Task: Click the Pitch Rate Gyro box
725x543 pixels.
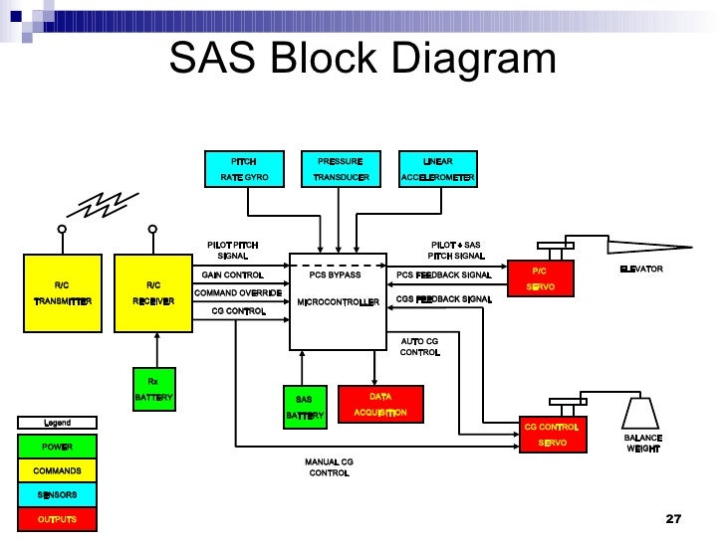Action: [x=244, y=169]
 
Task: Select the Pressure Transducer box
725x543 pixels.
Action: [x=341, y=169]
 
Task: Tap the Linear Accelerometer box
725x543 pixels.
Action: [x=437, y=169]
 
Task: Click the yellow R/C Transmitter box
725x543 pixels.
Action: [x=62, y=292]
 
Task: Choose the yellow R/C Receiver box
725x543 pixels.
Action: [x=154, y=292]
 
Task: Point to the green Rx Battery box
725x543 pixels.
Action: [x=153, y=389]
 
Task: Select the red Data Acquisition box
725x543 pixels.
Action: [x=380, y=404]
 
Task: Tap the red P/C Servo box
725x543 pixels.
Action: [x=541, y=278]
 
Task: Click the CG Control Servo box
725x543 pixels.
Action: [x=551, y=435]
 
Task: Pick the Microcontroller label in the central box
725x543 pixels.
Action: [x=338, y=301]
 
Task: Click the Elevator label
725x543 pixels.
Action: [x=640, y=270]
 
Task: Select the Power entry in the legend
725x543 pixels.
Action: [x=58, y=447]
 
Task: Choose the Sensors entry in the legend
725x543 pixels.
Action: [x=58, y=494]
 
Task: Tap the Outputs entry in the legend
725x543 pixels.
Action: [x=58, y=519]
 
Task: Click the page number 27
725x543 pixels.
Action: [x=672, y=520]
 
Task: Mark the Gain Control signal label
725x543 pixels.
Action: [x=232, y=274]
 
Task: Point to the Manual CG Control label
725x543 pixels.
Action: [x=329, y=467]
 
